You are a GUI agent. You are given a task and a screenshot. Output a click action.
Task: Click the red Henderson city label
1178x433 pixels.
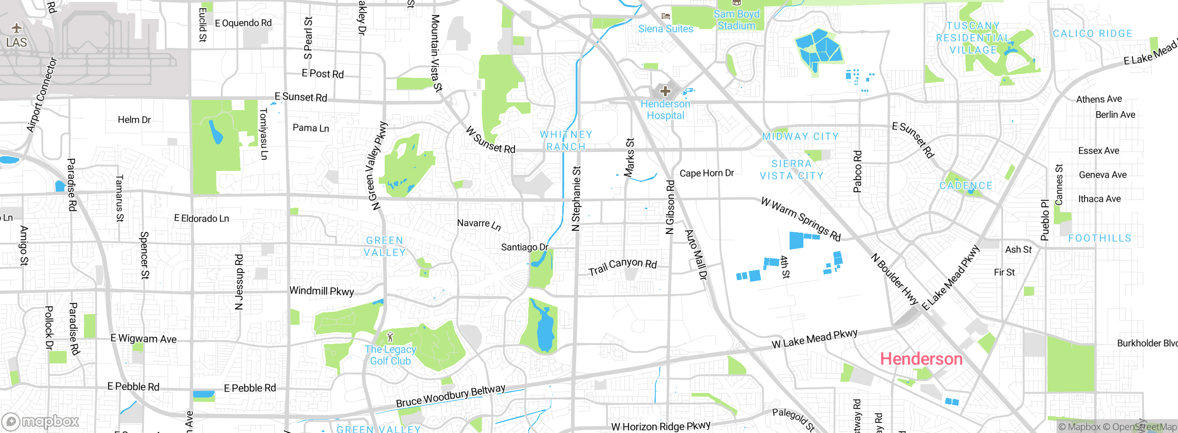921,359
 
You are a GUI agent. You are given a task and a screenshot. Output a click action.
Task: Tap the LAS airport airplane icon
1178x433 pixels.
17,29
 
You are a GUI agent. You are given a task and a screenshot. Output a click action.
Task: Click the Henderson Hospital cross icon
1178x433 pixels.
665,91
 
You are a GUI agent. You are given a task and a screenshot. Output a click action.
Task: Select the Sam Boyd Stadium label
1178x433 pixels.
736,20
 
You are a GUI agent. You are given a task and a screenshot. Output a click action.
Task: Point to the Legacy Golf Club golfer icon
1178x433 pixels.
391,337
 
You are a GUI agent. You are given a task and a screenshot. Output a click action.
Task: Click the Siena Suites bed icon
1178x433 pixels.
665,16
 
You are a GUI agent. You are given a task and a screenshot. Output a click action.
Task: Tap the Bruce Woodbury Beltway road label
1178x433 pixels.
450,396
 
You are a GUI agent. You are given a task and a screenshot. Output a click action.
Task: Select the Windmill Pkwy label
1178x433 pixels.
322,291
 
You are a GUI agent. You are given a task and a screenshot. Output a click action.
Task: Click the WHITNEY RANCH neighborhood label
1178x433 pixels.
566,140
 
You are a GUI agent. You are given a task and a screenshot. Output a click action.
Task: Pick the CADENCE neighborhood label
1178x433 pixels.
966,186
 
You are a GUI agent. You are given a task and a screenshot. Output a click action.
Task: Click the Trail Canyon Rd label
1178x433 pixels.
623,266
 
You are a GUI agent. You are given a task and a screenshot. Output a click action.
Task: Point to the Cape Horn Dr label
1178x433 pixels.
707,173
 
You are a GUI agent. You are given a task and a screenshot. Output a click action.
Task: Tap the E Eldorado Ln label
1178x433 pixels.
202,218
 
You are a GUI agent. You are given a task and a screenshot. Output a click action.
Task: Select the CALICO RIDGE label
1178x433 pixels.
1092,34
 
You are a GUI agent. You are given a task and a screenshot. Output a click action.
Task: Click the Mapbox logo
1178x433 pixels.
40,421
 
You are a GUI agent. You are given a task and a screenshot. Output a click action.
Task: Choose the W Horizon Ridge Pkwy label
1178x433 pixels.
661,427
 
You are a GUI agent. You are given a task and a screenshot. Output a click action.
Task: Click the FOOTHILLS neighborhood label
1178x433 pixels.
1099,238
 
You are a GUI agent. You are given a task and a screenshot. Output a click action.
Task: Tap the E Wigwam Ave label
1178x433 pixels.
144,339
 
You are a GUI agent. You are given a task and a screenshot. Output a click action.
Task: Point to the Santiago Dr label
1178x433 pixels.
525,247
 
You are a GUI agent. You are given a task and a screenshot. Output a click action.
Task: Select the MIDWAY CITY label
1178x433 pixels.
800,136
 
